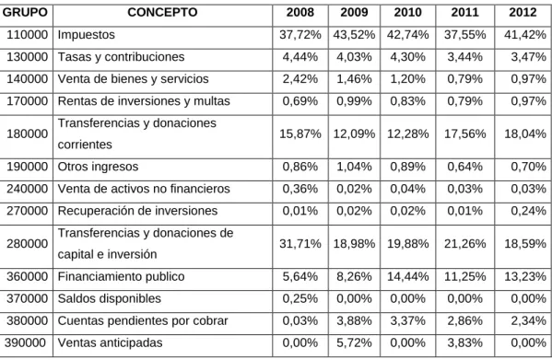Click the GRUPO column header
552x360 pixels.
pyautogui.click(x=25, y=12)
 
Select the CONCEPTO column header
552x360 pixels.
pyautogui.click(x=162, y=12)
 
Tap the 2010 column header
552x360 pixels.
pyautogui.click(x=407, y=12)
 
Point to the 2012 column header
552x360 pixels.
pyautogui.click(x=523, y=12)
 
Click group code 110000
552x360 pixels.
pyautogui.click(x=27, y=34)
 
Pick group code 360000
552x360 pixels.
pyautogui.click(x=27, y=276)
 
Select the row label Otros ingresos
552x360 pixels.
pyautogui.click(x=98, y=167)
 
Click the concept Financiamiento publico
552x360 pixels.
pyautogui.click(x=121, y=276)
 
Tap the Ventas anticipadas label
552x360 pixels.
pyautogui.click(x=110, y=343)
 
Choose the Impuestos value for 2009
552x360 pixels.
pyautogui.click(x=354, y=34)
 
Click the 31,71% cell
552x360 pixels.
pyautogui.click(x=300, y=243)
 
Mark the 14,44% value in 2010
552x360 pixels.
pyautogui.click(x=407, y=276)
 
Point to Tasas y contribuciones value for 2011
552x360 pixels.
pyautogui.click(x=464, y=56)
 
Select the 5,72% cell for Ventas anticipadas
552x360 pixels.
pyautogui.click(x=354, y=343)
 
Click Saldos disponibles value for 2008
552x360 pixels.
pyautogui.click(x=300, y=298)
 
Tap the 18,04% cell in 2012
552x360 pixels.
pyautogui.click(x=525, y=134)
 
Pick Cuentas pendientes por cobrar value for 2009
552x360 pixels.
pyautogui.click(x=354, y=320)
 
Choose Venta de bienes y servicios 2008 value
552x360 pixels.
pyautogui.click(x=300, y=79)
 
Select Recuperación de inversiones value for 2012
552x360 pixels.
pyautogui.click(x=528, y=211)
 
